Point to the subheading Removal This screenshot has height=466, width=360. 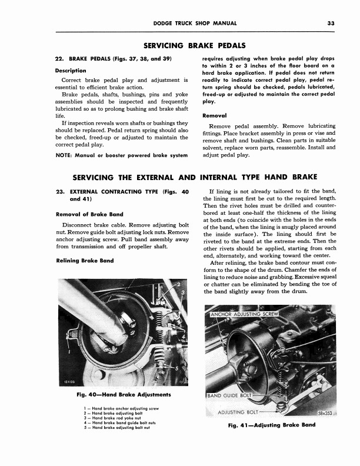point(215,115)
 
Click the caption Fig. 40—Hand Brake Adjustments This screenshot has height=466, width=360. point(119,394)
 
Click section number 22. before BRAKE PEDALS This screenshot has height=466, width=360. point(58,59)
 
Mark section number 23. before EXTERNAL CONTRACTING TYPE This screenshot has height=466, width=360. point(58,192)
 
